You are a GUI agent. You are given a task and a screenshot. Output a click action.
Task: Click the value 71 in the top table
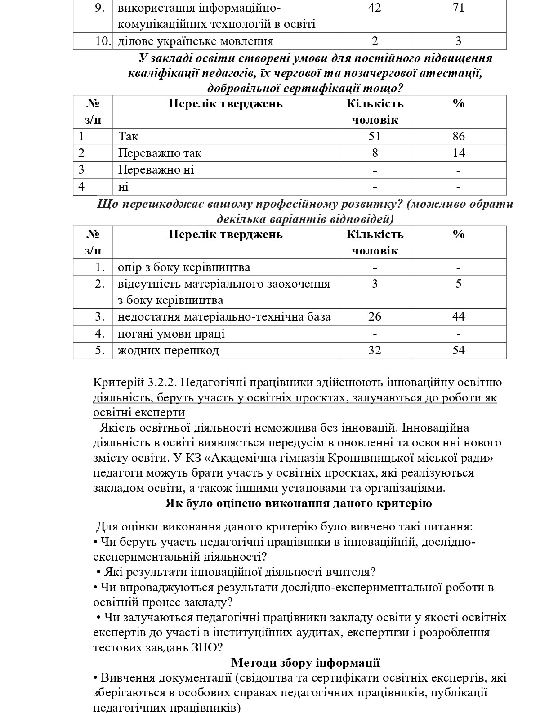tap(458, 8)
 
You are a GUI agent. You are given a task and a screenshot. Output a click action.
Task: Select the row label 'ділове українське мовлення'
tap(195, 41)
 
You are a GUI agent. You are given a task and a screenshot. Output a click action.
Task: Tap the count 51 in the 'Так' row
tap(374, 137)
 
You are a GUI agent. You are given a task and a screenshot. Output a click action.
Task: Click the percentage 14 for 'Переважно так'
tap(458, 153)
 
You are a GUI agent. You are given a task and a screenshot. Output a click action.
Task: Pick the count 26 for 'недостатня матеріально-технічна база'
tap(374, 317)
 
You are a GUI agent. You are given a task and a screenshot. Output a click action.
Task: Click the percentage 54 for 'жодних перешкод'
tap(458, 350)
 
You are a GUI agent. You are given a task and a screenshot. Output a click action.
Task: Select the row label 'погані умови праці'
tap(171, 334)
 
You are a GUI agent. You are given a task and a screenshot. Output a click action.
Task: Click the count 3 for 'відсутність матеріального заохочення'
tap(375, 284)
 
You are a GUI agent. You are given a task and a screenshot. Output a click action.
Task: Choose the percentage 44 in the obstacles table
tap(458, 317)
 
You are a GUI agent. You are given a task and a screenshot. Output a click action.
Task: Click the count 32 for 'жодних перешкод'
tap(374, 350)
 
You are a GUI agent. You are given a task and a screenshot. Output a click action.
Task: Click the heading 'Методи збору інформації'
tap(305, 663)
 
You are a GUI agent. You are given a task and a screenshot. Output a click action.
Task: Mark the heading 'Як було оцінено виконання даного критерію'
tap(298, 503)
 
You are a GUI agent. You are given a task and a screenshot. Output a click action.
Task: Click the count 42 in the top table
tap(374, 8)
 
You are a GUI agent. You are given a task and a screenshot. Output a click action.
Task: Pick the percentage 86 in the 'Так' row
tap(458, 137)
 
